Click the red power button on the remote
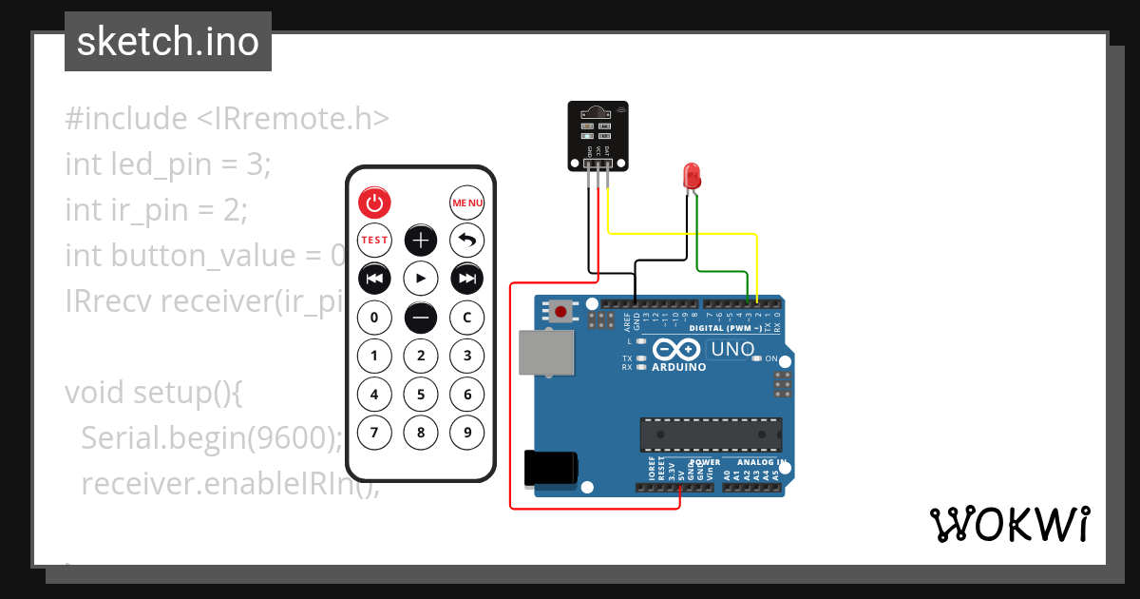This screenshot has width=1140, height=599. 374,203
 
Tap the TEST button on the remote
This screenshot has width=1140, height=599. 374,240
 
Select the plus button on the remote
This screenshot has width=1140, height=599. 421,240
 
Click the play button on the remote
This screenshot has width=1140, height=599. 421,279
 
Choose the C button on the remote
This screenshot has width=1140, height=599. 466,317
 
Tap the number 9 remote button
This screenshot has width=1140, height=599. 466,433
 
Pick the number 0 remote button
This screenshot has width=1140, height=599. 374,317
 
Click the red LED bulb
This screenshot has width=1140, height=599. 692,176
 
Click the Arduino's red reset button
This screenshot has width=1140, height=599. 561,311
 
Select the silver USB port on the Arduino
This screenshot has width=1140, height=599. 545,355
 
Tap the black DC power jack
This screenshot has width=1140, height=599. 550,469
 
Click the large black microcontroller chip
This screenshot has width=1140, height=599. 711,433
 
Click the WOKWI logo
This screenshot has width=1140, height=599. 1008,524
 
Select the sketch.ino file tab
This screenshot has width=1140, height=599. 168,41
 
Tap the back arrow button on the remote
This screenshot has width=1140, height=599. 466,240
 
